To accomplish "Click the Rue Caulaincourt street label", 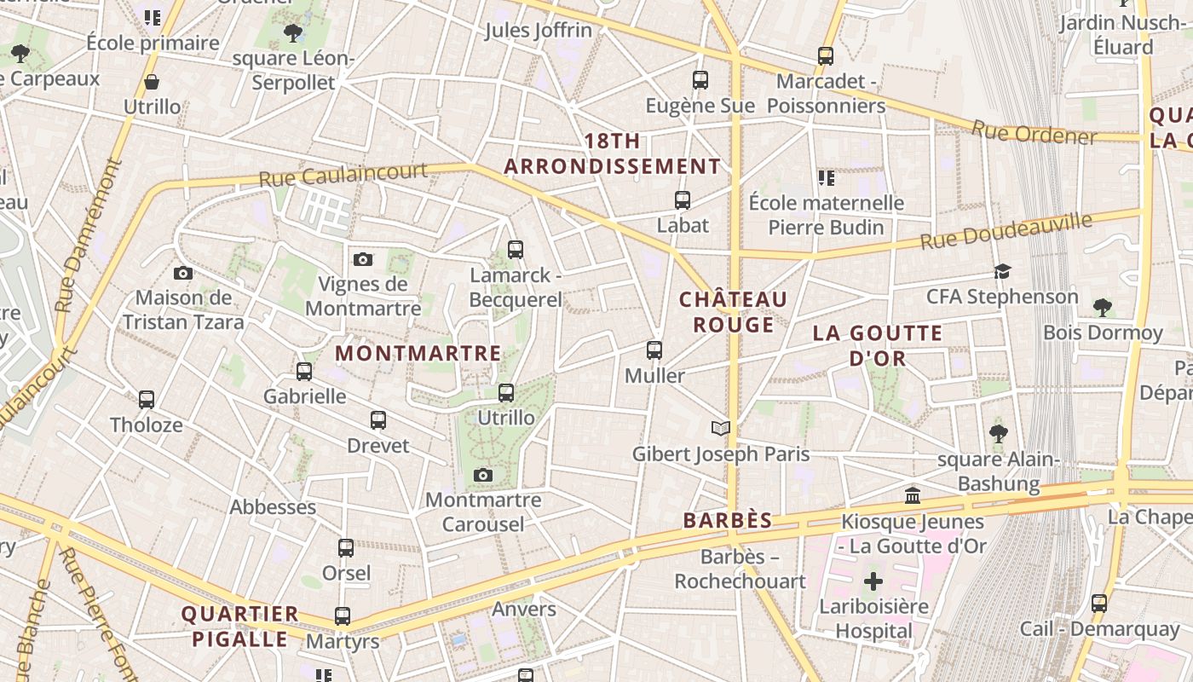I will [x=343, y=175].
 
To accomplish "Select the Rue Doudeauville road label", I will [x=1006, y=231].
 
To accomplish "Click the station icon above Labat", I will [x=683, y=200].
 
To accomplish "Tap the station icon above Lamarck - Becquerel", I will [x=516, y=250].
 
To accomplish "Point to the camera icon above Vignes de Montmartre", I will [x=363, y=259].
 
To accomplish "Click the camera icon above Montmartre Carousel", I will [x=483, y=475].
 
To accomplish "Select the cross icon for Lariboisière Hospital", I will [x=873, y=582].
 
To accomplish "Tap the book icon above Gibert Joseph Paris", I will [x=721, y=428].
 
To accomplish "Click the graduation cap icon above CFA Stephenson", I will [x=1002, y=272].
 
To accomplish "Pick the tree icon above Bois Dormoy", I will [x=1103, y=307].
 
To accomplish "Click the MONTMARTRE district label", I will [x=418, y=353].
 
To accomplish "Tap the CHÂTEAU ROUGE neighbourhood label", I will [x=733, y=312].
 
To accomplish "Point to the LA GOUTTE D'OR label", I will [x=878, y=345].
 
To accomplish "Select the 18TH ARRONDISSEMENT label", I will [x=612, y=154].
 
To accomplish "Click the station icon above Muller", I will [x=654, y=350].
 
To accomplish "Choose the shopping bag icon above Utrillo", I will [x=152, y=82].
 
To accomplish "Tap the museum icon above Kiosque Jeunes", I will [x=913, y=495].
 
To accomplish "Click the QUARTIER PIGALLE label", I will [x=240, y=626].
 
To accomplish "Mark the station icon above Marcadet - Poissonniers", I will [x=826, y=56].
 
